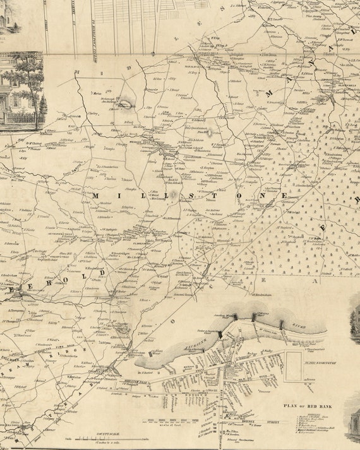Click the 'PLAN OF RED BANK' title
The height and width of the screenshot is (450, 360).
[x=308, y=407]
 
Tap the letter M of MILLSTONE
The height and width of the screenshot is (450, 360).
[x=96, y=196]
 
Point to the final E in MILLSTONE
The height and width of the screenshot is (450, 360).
[x=284, y=196]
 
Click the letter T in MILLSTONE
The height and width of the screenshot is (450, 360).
[x=211, y=196]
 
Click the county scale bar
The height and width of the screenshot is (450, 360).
[x=105, y=438]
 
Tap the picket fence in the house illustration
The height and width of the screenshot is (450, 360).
[x=19, y=117]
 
